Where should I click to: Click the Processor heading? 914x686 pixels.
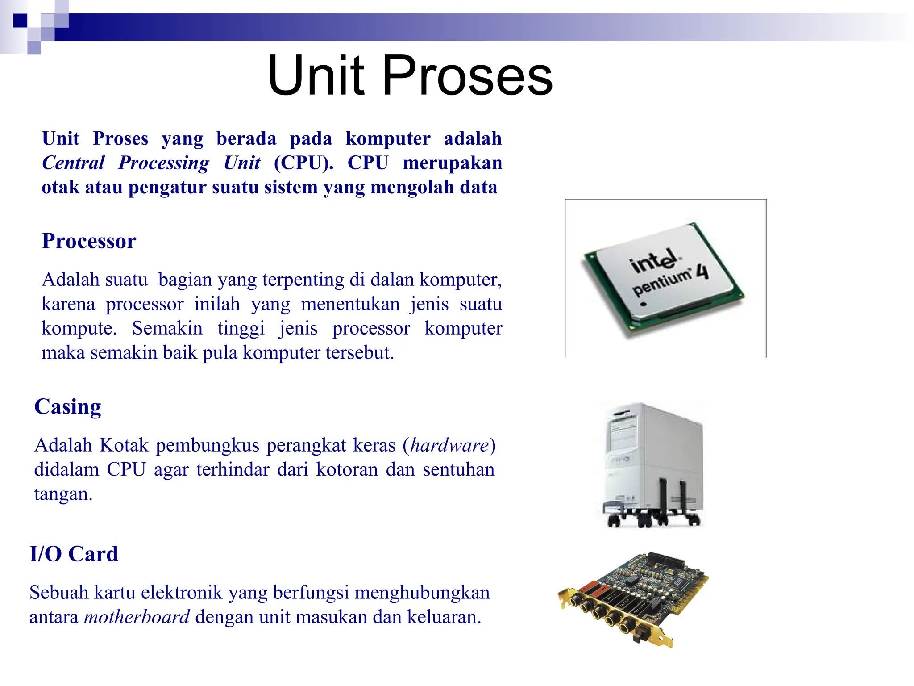point(89,241)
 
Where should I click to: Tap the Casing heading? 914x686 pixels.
point(68,407)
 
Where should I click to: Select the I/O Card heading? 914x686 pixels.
point(74,554)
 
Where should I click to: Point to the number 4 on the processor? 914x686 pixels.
point(702,271)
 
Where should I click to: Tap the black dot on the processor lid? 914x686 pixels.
point(643,305)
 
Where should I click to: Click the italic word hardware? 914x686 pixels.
point(449,446)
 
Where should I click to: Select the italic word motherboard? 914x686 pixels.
point(137,617)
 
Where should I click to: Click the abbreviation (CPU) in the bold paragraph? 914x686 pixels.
point(303,163)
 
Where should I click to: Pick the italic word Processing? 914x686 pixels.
point(163,163)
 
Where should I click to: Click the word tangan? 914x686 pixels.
point(63,494)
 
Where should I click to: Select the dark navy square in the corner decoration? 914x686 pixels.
point(20,21)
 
